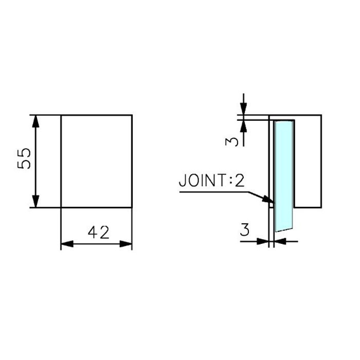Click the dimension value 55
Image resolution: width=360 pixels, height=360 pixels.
pyautogui.click(x=24, y=158)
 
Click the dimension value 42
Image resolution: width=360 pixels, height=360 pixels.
pyautogui.click(x=99, y=232)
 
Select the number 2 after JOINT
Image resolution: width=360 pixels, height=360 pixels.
pyautogui.click(x=239, y=180)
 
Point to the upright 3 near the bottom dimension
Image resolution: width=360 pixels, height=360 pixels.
pyautogui.click(x=245, y=230)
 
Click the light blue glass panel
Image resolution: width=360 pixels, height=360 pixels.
pyautogui.click(x=284, y=176)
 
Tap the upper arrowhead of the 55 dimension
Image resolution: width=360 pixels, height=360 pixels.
pyautogui.click(x=35, y=121)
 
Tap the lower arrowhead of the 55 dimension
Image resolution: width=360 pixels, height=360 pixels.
pyautogui.click(x=35, y=202)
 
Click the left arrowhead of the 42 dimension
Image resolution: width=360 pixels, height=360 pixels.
pyautogui.click(x=67, y=244)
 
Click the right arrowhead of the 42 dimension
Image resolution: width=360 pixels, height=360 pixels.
pyautogui.click(x=126, y=244)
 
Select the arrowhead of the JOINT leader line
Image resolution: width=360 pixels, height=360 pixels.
pyautogui.click(x=268, y=200)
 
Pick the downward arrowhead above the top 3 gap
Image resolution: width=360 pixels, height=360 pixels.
pyautogui.click(x=244, y=109)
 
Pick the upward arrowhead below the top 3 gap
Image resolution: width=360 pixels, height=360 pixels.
pyautogui.click(x=244, y=126)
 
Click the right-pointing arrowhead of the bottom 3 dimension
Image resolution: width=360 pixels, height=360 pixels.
pyautogui.click(x=263, y=242)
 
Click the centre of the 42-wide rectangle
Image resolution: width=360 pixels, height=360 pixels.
pyautogui.click(x=97, y=161)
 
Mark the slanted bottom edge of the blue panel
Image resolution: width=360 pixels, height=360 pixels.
pyautogui.click(x=284, y=230)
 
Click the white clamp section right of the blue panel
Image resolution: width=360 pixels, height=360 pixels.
pyautogui.click(x=308, y=161)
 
